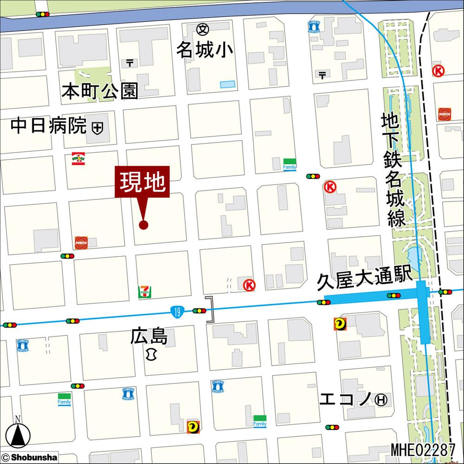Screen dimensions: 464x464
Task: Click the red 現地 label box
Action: click(x=143, y=182)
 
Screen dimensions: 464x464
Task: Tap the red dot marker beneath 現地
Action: click(x=143, y=225)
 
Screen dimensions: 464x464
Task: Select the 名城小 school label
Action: click(x=204, y=51)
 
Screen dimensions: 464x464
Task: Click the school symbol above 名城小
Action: click(x=203, y=29)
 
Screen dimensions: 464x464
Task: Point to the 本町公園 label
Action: click(x=100, y=91)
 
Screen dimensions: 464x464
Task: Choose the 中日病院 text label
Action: click(x=49, y=126)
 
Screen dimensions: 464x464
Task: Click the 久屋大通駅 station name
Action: click(x=365, y=280)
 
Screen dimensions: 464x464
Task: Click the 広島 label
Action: click(x=149, y=336)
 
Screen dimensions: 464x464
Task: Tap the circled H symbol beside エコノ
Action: click(x=381, y=399)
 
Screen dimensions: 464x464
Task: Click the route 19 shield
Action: click(x=177, y=311)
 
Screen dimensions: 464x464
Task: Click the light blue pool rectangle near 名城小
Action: click(x=227, y=85)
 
